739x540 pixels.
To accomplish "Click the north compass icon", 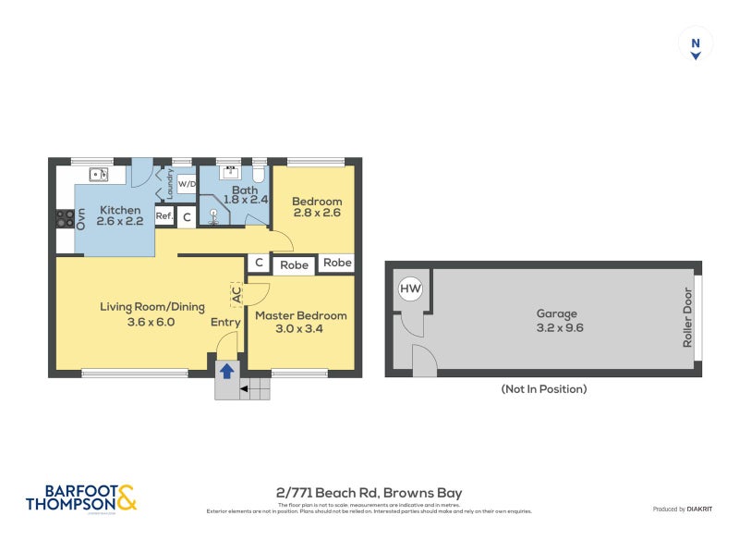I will click(696, 44).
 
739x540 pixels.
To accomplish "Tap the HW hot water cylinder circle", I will click(410, 290).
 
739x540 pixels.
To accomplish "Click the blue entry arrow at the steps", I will click(226, 371).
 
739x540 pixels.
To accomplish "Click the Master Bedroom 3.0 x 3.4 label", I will click(300, 322).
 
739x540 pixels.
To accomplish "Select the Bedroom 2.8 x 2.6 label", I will click(317, 207).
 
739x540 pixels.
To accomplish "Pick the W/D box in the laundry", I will click(187, 183).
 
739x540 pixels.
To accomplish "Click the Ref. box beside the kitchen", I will click(164, 216).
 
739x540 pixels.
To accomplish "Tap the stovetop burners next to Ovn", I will click(65, 219).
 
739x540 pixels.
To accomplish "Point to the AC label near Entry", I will click(236, 295).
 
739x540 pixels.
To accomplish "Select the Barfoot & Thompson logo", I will click(81, 497).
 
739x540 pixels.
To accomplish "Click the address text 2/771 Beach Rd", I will click(369, 493).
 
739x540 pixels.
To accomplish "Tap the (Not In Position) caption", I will click(544, 389).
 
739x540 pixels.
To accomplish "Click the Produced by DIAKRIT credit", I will click(682, 509).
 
